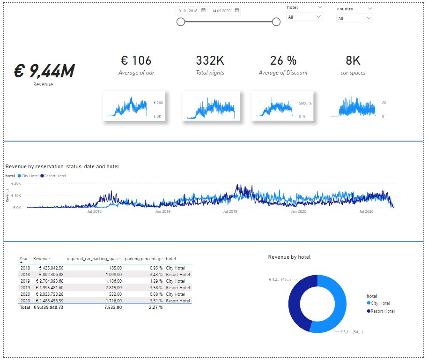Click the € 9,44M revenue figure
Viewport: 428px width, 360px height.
point(44,71)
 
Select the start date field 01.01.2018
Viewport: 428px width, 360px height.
point(188,10)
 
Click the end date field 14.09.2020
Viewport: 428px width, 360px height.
point(221,10)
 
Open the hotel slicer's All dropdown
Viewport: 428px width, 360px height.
point(304,17)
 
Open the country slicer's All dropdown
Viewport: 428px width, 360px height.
point(354,18)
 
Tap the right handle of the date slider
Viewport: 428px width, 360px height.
point(276,22)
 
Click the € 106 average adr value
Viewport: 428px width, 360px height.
point(136,60)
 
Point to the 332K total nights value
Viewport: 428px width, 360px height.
point(210,60)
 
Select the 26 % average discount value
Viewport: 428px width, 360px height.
point(283,60)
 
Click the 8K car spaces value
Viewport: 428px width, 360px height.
point(353,60)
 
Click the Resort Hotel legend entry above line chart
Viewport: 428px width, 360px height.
point(55,176)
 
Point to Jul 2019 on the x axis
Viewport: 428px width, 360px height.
point(230,211)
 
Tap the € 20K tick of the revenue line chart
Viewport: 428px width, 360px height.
point(15,183)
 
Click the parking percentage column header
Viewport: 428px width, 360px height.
point(144,259)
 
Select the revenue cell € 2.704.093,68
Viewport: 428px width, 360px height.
point(48,281)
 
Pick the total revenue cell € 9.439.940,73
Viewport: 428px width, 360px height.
point(48,307)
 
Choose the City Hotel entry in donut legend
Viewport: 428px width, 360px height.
point(380,303)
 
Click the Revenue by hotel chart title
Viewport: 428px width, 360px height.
point(289,257)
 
